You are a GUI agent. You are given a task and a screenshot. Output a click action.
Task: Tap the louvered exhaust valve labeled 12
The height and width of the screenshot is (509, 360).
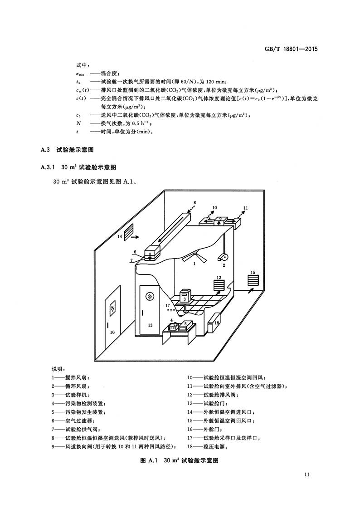(219, 287)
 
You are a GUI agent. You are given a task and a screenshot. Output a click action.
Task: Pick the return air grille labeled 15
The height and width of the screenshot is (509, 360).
(253, 280)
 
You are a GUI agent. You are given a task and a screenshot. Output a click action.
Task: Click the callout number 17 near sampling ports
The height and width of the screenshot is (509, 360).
(168, 305)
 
